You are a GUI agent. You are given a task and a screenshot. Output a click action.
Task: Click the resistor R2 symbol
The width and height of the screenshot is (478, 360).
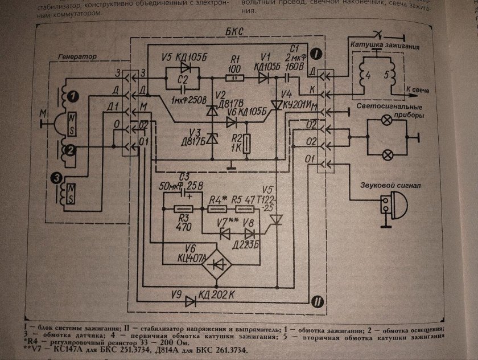[246, 144]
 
